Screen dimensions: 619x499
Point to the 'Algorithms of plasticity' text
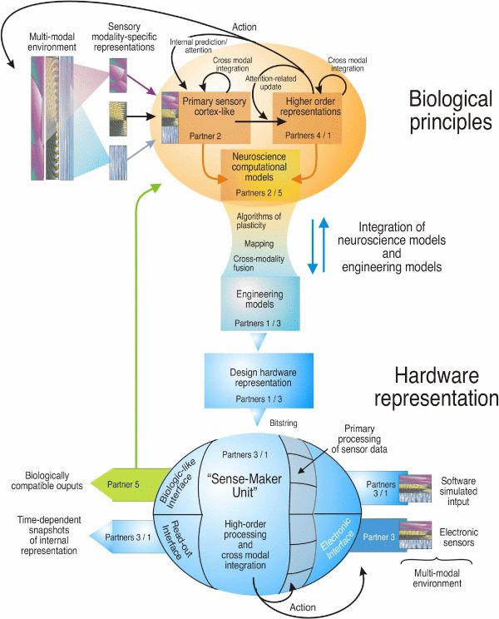(x=260, y=221)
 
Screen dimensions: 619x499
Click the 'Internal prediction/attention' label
(x=201, y=46)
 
